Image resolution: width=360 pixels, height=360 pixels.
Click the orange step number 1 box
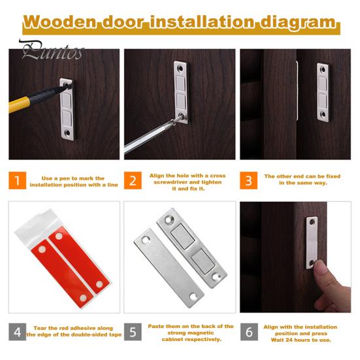pyautogui.click(x=18, y=180)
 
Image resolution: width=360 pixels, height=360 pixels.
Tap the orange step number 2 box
pyautogui.click(x=133, y=180)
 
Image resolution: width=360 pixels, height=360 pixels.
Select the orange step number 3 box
pyautogui.click(x=249, y=180)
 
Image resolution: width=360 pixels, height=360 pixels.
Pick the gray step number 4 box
pyautogui.click(x=18, y=332)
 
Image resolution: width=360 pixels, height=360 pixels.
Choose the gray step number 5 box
pyautogui.click(x=133, y=332)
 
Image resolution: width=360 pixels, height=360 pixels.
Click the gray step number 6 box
pyautogui.click(x=249, y=332)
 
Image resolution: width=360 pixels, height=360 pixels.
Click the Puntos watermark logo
pyautogui.click(x=52, y=50)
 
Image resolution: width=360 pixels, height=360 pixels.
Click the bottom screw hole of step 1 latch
pyautogui.click(x=67, y=133)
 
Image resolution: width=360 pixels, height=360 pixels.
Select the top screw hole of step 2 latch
pyautogui.click(x=180, y=68)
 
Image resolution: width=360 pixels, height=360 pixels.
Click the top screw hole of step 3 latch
pyautogui.click(x=323, y=69)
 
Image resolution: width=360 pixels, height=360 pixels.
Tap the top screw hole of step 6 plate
pyautogui.click(x=312, y=221)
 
